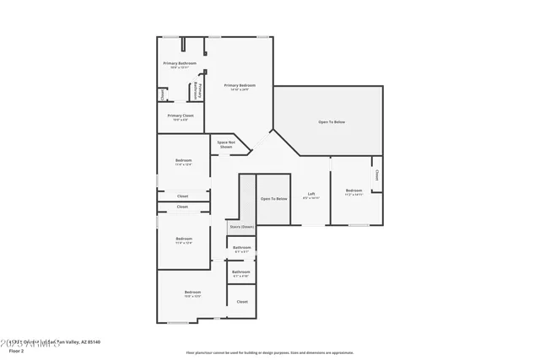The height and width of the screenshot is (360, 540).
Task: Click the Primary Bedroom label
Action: [x=240, y=85]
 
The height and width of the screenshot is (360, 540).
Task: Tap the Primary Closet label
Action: [x=181, y=116]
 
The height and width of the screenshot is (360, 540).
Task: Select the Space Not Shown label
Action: [x=225, y=144]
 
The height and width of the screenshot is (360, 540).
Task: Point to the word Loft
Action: [x=311, y=194]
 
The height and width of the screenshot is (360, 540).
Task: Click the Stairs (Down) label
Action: [x=241, y=227]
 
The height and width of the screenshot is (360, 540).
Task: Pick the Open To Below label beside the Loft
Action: [x=273, y=199]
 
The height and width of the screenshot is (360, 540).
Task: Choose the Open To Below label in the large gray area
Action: [x=332, y=122]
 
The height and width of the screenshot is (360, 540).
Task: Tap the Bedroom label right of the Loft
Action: [x=354, y=191]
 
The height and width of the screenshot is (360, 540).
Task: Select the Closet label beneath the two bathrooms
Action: [x=242, y=301]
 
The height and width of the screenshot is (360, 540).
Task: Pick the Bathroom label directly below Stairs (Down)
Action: [x=241, y=247]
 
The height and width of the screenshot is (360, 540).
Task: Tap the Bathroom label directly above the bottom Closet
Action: [x=241, y=271]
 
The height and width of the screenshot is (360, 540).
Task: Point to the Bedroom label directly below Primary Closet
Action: [x=183, y=160]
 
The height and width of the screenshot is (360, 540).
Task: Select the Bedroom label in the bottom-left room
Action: [x=192, y=292]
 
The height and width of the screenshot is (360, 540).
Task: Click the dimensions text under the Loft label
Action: [x=311, y=199]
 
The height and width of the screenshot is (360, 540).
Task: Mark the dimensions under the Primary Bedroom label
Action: [x=240, y=90]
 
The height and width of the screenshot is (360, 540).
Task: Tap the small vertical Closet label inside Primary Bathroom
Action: [x=162, y=94]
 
